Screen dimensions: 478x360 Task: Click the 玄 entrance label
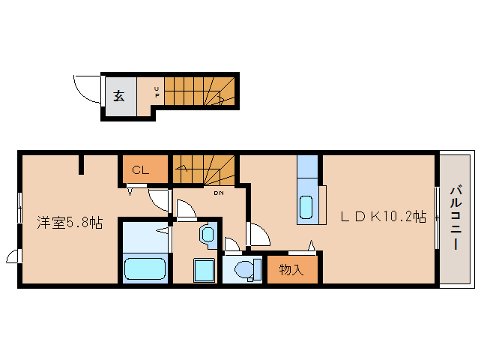(119, 96)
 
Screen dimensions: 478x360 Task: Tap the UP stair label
(157, 91)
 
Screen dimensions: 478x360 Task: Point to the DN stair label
(218, 193)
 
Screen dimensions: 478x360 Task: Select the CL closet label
(140, 170)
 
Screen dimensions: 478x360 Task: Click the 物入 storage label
(291, 269)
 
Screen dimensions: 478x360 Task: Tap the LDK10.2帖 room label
(383, 217)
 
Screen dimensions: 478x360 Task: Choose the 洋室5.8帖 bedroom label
(70, 223)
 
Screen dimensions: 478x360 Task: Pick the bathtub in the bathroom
(145, 268)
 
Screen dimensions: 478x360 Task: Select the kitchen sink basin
(306, 207)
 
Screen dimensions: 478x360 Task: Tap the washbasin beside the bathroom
(208, 234)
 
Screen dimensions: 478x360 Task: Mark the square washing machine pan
(205, 270)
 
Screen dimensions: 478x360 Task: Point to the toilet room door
(232, 244)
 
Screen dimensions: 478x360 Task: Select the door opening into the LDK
(258, 234)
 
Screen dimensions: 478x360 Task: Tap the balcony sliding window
(437, 217)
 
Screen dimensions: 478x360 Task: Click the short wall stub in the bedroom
(81, 164)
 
